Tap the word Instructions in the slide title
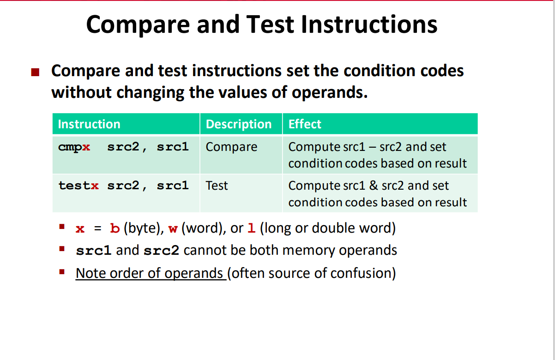(x=369, y=24)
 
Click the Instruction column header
(x=89, y=124)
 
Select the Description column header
(x=239, y=124)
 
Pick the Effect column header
(x=305, y=124)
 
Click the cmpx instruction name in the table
(x=74, y=147)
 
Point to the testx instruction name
(x=78, y=186)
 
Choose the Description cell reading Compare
(x=231, y=147)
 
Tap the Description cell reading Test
(x=217, y=186)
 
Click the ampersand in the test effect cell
(x=373, y=186)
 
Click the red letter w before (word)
(x=173, y=228)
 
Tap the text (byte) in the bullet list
(x=140, y=228)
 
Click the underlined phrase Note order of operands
(x=150, y=273)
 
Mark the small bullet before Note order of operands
(x=61, y=272)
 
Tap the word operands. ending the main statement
(x=329, y=92)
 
